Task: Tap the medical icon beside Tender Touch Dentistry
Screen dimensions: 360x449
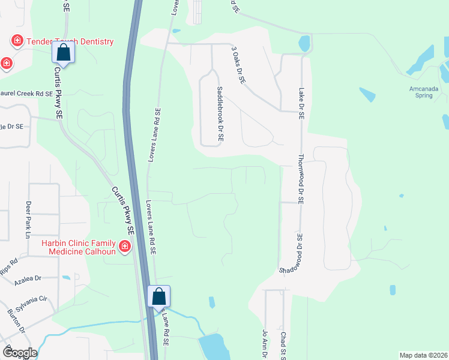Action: click(17, 41)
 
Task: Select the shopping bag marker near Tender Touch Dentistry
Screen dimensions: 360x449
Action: click(64, 53)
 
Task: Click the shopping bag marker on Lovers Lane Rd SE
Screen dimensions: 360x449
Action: click(159, 296)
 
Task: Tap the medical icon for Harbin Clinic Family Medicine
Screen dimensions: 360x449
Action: click(125, 247)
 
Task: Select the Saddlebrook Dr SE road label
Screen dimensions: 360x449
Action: click(220, 113)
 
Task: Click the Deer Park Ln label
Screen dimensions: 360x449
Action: click(28, 220)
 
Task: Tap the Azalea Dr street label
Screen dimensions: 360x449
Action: click(29, 278)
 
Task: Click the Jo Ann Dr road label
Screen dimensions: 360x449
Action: click(264, 344)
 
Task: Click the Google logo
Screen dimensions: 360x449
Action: click(19, 353)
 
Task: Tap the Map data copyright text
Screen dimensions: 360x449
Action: click(423, 355)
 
